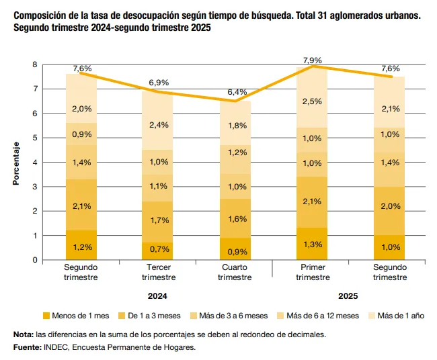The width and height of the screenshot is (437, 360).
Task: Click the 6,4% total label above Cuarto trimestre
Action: [x=237, y=92]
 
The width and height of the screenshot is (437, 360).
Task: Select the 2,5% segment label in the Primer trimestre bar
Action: [x=311, y=101]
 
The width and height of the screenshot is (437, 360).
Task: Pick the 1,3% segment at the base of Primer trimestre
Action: [x=311, y=244]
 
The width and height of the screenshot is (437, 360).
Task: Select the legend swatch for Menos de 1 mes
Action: [x=46, y=316]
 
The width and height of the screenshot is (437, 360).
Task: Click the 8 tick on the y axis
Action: [x=34, y=64]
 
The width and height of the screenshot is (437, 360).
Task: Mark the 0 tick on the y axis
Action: [x=34, y=260]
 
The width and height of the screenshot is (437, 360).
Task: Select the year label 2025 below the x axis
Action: [x=349, y=296]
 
